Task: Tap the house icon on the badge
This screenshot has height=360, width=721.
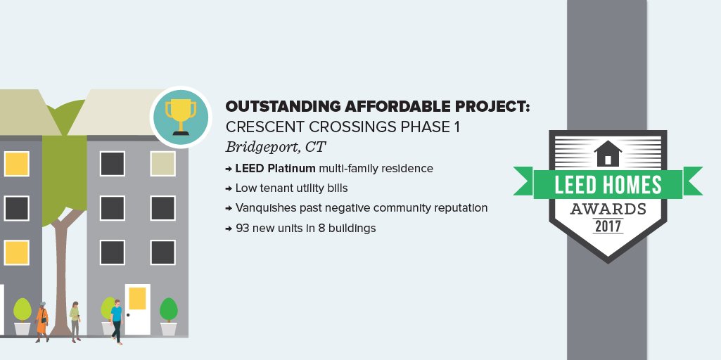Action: (607, 153)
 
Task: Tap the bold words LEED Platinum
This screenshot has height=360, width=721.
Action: (275, 169)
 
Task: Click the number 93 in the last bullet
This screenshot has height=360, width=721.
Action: (243, 229)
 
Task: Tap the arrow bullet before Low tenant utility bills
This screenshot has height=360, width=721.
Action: (229, 189)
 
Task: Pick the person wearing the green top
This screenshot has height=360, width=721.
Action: (75, 321)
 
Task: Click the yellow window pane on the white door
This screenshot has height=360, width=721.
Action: (137, 298)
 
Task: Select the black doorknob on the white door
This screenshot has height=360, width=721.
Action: (128, 314)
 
